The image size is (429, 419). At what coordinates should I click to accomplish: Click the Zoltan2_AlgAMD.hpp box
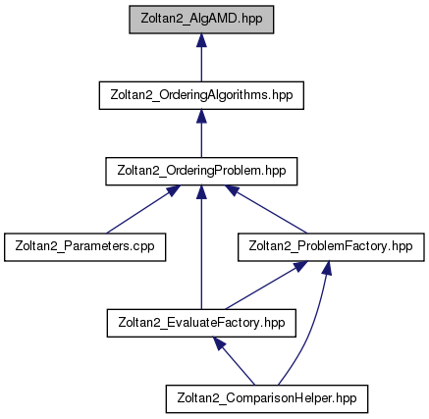pos(201,20)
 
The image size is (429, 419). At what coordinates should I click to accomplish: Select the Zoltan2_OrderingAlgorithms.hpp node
pos(201,95)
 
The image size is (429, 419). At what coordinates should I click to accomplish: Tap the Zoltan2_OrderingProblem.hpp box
pos(201,171)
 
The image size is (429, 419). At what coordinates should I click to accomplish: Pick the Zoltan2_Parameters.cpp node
pos(84,247)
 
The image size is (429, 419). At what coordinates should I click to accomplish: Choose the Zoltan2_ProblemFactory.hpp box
pos(331,247)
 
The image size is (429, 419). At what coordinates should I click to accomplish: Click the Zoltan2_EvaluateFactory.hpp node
pos(201,323)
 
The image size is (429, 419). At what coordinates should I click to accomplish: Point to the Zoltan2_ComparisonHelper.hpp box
pos(267,398)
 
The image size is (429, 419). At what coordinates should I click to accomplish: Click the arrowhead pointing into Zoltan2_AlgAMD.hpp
pos(201,40)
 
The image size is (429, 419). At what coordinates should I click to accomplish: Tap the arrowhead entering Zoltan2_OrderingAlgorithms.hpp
pos(201,116)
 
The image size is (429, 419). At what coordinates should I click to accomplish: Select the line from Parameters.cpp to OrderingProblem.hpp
pos(138,212)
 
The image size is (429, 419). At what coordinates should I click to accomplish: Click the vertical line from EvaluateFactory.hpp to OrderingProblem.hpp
pos(201,247)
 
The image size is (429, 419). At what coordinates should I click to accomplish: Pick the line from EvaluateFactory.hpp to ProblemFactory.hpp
pos(266,285)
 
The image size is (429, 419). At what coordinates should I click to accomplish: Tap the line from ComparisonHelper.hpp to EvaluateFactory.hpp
pos(234,361)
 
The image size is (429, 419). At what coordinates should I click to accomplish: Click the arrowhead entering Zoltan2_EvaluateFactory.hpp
pos(219,343)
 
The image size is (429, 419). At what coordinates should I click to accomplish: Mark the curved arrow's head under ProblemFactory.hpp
pos(327,268)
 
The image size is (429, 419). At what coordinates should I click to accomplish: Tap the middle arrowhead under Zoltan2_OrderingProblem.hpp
pos(201,191)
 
